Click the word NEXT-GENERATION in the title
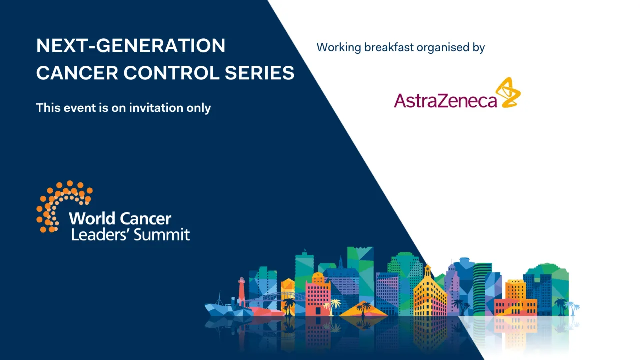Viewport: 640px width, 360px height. pos(131,46)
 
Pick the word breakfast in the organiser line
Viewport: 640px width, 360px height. pos(389,48)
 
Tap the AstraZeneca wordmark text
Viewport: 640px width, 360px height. pos(445,100)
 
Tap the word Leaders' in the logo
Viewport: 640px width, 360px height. pos(100,235)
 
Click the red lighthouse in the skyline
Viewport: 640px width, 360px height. pos(242,291)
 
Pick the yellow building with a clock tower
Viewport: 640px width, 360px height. pos(429,295)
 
